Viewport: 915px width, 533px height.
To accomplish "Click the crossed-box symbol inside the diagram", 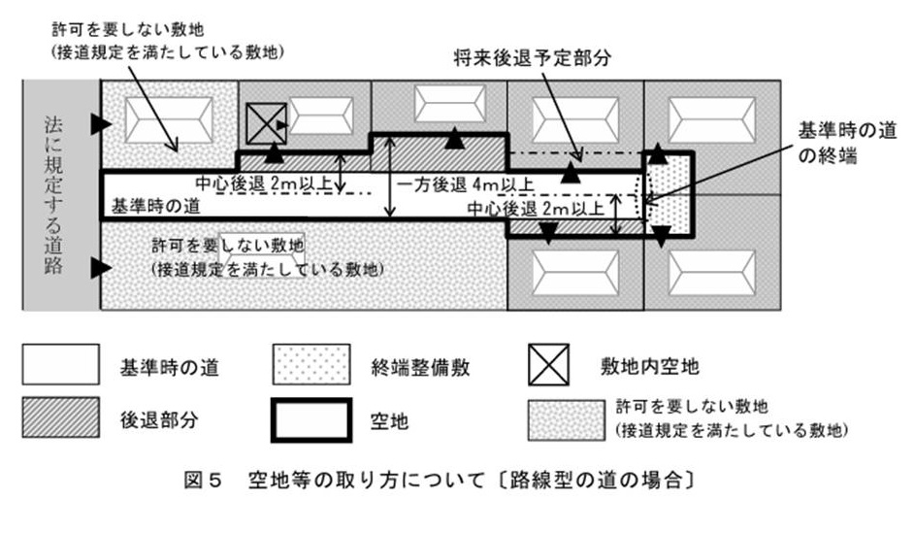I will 259,124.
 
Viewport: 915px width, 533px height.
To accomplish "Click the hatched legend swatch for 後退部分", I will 60,419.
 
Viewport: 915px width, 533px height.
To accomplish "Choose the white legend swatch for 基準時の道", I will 60,366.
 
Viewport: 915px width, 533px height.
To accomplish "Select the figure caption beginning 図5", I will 457,479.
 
